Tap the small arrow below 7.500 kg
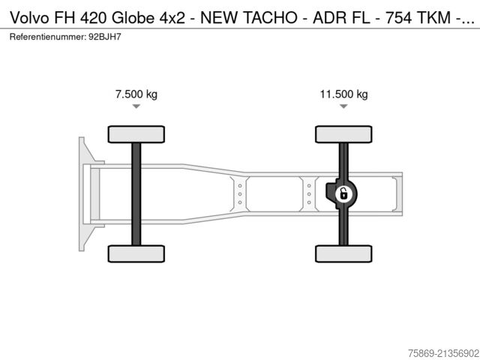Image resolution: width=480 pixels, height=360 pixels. click(x=136, y=106)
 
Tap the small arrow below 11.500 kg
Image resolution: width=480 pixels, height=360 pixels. click(x=343, y=106)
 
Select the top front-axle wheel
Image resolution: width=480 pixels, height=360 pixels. click(x=136, y=134)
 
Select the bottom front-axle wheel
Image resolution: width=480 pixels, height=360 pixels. click(x=136, y=253)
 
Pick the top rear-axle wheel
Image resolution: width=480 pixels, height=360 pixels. click(x=343, y=134)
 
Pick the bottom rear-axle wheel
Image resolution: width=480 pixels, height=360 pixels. click(x=343, y=253)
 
